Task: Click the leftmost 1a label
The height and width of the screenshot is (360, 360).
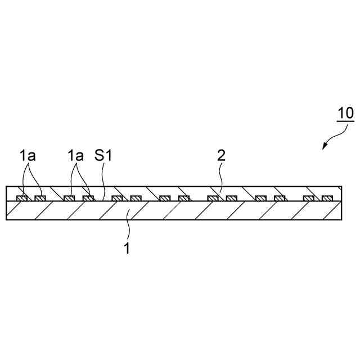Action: coord(28,156)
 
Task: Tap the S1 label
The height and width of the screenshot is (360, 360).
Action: coord(103,156)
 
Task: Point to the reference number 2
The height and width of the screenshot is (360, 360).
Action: coord(221,156)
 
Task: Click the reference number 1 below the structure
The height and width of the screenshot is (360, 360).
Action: coord(127,248)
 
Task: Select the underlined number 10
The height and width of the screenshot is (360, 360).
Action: coord(345,112)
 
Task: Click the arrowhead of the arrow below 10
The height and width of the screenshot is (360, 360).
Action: coord(324,147)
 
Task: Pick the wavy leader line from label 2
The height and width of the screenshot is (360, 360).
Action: coord(222,180)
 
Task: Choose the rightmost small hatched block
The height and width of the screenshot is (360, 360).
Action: coord(327,198)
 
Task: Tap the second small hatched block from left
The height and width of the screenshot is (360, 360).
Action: coord(39,198)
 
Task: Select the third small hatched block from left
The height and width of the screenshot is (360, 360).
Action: coord(69,198)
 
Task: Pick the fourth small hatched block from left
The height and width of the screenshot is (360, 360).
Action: coord(88,198)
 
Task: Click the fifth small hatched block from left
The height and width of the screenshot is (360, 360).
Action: coord(116,198)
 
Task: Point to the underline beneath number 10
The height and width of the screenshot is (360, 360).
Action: coord(345,121)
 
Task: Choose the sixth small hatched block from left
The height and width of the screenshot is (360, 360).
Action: coord(136,198)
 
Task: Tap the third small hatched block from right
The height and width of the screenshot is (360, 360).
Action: coord(280,198)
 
